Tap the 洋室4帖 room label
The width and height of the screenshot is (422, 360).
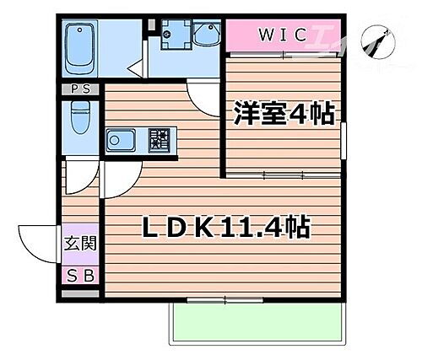[287, 112]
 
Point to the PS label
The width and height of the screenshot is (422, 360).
[81, 88]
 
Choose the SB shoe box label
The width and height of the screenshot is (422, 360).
[80, 275]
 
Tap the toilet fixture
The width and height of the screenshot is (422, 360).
[81, 118]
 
